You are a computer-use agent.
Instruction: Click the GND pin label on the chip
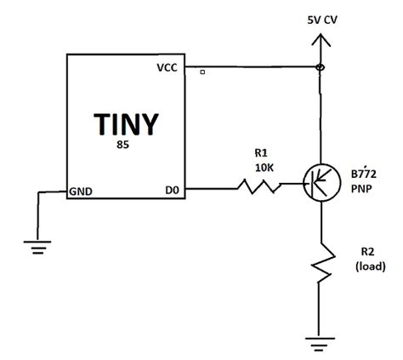(x=82, y=191)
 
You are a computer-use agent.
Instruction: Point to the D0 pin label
(x=170, y=191)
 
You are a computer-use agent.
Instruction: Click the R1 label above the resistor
(x=261, y=153)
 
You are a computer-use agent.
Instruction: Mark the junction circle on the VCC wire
(x=320, y=67)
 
